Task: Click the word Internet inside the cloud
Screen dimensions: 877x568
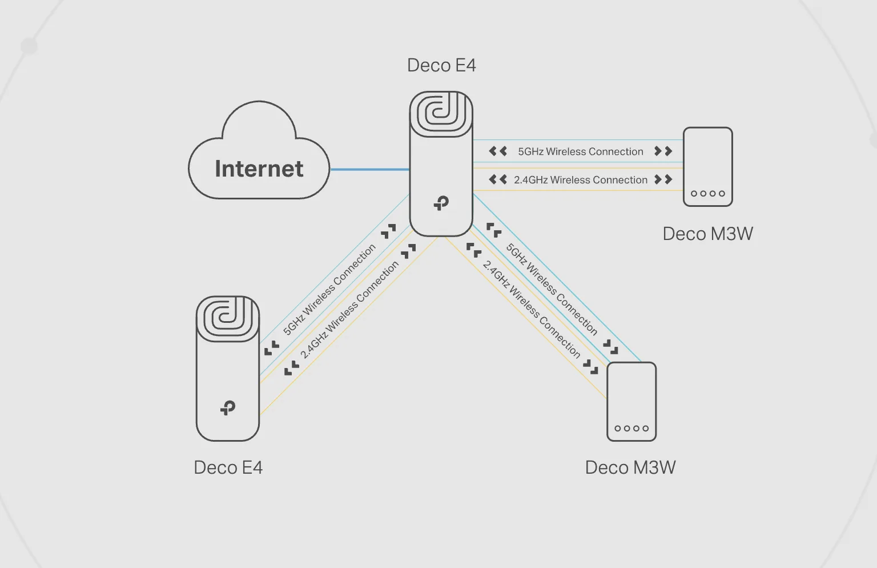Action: point(259,169)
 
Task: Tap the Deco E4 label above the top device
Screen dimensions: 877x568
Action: point(441,65)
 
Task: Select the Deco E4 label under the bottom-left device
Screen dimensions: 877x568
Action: point(228,467)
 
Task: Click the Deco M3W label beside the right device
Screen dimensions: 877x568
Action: point(707,234)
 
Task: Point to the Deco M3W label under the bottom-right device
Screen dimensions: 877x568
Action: point(630,467)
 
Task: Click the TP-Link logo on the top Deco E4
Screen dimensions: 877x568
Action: point(441,203)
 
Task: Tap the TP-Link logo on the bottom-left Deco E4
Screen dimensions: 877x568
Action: point(228,408)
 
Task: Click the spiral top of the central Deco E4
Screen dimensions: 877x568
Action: point(441,114)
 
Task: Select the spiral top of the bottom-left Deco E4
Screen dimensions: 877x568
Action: point(228,318)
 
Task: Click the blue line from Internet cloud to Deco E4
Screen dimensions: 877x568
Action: point(369,169)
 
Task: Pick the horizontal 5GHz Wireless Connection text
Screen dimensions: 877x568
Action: point(581,151)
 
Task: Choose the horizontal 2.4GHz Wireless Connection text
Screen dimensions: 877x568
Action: point(581,180)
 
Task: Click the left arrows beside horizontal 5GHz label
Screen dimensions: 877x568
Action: point(498,151)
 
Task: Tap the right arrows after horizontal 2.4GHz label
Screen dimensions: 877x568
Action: point(663,179)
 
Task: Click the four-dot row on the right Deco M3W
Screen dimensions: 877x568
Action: point(708,193)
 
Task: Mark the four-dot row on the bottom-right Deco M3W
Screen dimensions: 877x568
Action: point(631,428)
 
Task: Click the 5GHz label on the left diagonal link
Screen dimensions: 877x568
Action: point(329,290)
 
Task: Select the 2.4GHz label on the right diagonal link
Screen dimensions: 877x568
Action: point(532,309)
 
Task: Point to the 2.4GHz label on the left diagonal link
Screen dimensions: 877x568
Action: point(349,310)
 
